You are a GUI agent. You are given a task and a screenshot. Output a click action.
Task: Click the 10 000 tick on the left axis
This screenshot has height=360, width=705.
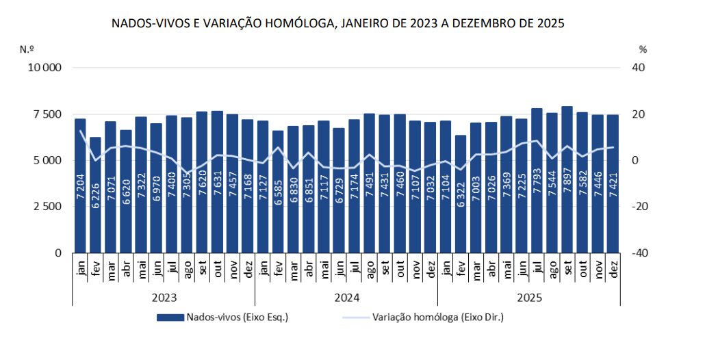pyautogui.click(x=44, y=68)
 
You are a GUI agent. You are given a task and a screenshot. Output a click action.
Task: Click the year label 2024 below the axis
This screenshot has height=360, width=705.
pyautogui.click(x=346, y=298)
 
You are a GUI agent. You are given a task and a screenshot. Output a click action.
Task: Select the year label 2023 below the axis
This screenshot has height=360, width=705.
pyautogui.click(x=164, y=298)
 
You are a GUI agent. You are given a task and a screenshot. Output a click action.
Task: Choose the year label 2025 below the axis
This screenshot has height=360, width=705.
pyautogui.click(x=528, y=298)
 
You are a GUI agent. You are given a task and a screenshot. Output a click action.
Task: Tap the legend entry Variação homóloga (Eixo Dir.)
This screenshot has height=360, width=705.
pyautogui.click(x=438, y=318)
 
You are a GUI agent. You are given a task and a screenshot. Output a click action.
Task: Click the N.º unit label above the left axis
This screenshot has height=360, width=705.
pyautogui.click(x=27, y=49)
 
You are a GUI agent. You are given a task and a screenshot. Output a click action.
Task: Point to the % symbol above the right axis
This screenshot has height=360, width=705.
pyautogui.click(x=642, y=49)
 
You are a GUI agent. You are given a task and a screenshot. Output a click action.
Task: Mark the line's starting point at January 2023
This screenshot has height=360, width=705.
pyautogui.click(x=80, y=131)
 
